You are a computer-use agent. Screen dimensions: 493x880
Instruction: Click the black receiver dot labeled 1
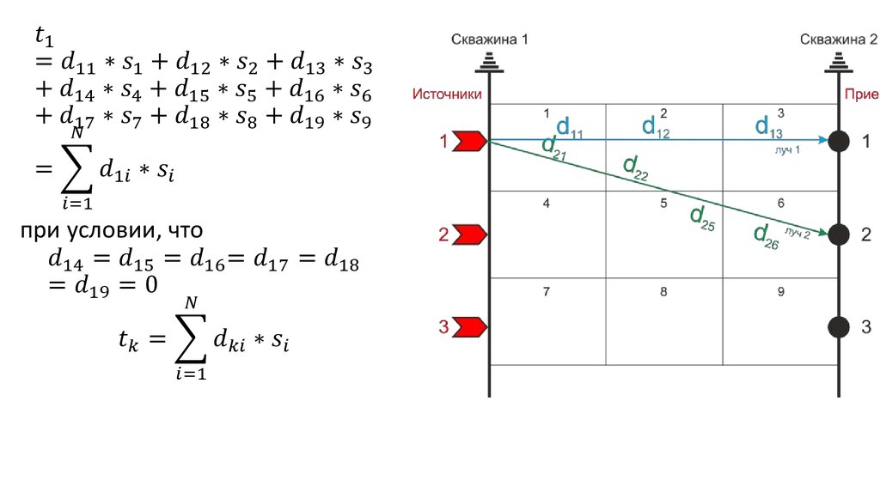pos(839,142)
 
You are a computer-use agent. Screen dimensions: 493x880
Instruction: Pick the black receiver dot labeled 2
pos(839,234)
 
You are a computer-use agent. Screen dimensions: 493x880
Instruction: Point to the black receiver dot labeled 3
pos(839,326)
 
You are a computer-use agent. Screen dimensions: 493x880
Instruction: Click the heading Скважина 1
pos(489,40)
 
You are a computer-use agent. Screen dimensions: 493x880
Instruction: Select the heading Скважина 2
pos(838,40)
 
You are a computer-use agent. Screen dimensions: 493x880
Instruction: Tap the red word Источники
pos(446,94)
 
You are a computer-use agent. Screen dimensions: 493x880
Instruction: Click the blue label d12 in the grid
pos(657,127)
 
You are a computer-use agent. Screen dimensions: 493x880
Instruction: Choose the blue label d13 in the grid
pos(769,127)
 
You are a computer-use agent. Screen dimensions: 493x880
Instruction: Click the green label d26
pos(766,235)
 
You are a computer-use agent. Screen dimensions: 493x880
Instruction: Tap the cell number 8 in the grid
pos(663,291)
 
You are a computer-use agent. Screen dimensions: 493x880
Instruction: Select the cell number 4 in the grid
pos(547,204)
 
